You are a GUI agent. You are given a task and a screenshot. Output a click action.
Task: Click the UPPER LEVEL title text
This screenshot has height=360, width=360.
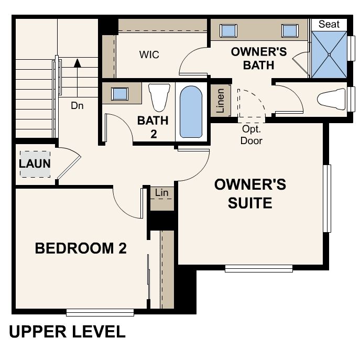pos(67,332)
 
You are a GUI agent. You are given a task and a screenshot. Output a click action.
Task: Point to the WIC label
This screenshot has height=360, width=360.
pos(149,54)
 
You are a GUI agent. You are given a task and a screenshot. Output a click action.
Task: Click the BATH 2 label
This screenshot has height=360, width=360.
pos(153,127)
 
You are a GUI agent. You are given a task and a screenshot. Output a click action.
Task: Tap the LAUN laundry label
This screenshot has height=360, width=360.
pos(35,163)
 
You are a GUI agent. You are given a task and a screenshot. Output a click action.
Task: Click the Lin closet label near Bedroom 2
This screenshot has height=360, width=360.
pos(162,193)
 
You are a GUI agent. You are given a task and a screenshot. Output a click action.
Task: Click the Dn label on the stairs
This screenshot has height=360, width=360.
pos(78,105)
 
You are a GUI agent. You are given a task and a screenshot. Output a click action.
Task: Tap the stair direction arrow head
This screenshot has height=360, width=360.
pos(78,63)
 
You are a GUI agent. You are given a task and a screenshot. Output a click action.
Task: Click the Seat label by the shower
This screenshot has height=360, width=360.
pos(329,24)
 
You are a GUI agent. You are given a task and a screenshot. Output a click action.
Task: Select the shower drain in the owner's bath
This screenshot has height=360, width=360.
pos(329,54)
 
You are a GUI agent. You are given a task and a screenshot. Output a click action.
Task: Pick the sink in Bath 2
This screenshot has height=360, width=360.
pos(121,93)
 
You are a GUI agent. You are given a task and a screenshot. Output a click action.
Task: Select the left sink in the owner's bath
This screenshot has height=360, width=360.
pos(228,30)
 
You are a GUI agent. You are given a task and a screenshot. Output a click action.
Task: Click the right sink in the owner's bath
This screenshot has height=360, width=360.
pos(289,30)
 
